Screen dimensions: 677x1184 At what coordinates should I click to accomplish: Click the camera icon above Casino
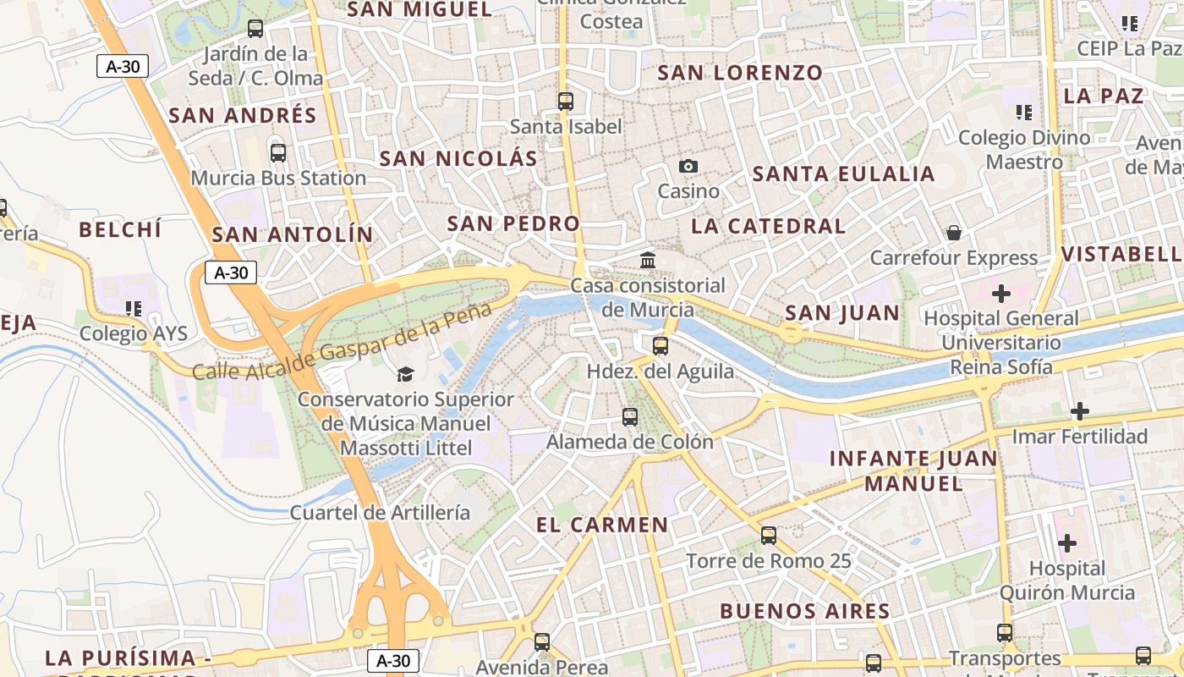(x=688, y=166)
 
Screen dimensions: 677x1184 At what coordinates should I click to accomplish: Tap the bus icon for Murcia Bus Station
(x=277, y=153)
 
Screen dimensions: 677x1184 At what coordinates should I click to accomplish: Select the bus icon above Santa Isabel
(x=566, y=102)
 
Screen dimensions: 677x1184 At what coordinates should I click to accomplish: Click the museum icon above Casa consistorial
(x=648, y=260)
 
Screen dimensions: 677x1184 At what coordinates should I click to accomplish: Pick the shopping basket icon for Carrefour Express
(x=954, y=233)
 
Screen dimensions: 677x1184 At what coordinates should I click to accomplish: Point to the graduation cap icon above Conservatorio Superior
(x=406, y=374)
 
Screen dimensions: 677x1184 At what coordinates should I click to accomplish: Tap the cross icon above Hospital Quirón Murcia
(x=1067, y=542)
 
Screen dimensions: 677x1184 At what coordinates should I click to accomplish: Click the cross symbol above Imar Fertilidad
(x=1080, y=412)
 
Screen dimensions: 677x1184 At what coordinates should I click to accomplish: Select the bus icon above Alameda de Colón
(x=630, y=416)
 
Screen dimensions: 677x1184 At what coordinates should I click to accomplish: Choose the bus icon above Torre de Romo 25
(x=768, y=535)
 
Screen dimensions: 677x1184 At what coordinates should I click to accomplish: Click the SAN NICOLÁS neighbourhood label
(x=458, y=159)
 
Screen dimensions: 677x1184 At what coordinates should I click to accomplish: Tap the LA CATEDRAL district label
(x=768, y=226)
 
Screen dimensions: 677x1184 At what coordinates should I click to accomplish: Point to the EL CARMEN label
(x=602, y=525)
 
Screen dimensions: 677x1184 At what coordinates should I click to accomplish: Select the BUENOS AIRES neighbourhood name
(x=804, y=611)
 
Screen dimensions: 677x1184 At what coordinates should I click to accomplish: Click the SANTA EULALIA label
(x=843, y=174)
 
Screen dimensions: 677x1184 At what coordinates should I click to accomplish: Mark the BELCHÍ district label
(x=120, y=229)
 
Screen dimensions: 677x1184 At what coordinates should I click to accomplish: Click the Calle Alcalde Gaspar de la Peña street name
(x=342, y=340)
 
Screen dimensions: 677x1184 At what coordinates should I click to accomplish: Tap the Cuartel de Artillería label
(x=380, y=512)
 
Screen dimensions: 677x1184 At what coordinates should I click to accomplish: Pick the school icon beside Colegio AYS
(x=133, y=309)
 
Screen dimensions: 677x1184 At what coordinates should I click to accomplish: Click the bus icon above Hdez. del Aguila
(x=661, y=345)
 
